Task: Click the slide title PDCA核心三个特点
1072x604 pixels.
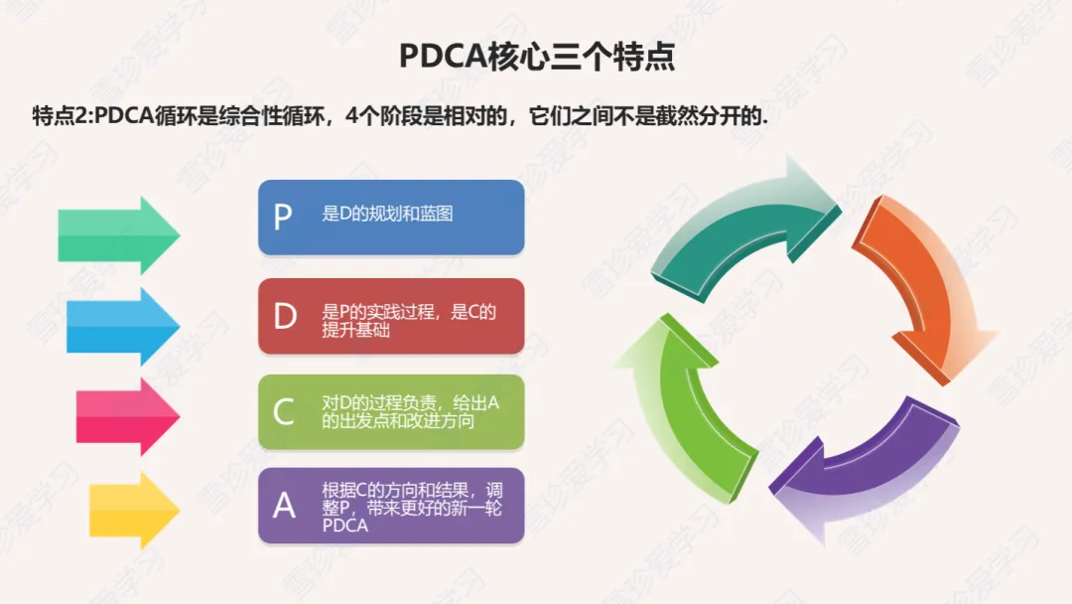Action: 537,56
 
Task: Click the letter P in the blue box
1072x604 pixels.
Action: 283,218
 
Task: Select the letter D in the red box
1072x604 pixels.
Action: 285,316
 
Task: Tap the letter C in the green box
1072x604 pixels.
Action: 284,411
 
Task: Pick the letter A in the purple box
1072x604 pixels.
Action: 284,506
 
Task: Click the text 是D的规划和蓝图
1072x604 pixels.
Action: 387,214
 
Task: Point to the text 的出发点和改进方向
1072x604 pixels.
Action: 398,421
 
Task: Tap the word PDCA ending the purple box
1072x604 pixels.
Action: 344,526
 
